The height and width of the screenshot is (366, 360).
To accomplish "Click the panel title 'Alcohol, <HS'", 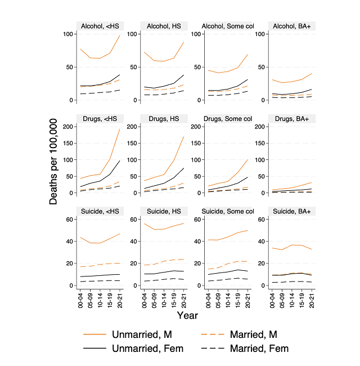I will [100, 25].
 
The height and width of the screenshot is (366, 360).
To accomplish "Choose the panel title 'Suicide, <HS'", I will [100, 211].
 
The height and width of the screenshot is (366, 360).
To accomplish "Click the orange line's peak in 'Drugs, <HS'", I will [120, 129].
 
